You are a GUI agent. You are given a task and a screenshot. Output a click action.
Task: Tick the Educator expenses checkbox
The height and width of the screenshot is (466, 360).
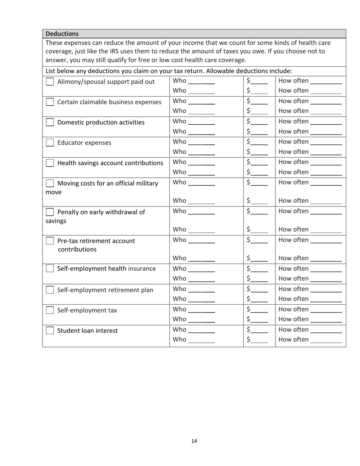50,143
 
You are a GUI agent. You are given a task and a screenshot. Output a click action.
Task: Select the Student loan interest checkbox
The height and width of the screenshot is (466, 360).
50,331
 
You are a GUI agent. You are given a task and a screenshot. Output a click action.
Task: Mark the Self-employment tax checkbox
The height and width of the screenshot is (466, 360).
50,311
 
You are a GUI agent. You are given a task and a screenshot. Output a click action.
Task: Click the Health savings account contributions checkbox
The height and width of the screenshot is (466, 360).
50,163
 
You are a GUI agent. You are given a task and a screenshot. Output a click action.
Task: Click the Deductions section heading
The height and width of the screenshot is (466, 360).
62,33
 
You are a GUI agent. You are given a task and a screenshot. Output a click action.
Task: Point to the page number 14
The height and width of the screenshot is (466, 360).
194,441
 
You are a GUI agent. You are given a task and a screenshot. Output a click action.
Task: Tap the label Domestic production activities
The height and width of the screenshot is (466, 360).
101,122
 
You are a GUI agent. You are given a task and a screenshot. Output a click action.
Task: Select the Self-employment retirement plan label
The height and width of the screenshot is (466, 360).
105,291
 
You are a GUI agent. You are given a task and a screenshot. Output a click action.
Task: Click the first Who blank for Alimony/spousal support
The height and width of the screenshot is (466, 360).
201,81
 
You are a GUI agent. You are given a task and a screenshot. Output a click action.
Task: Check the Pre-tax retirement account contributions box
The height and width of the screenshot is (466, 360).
50,241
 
